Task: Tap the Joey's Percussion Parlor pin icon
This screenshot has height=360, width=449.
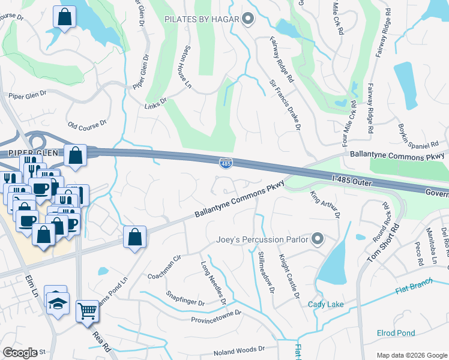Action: pos(318,240)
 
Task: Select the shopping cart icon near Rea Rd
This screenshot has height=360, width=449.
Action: pos(88,311)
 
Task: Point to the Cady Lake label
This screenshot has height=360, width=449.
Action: pos(326,305)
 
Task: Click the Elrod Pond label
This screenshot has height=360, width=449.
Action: pos(396,333)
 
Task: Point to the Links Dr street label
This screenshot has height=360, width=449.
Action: pos(155,104)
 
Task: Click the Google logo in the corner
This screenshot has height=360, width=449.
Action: pos(20,352)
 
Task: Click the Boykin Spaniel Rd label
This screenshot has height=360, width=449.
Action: pos(419,137)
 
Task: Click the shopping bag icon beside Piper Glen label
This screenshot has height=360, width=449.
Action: pos(76,156)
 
